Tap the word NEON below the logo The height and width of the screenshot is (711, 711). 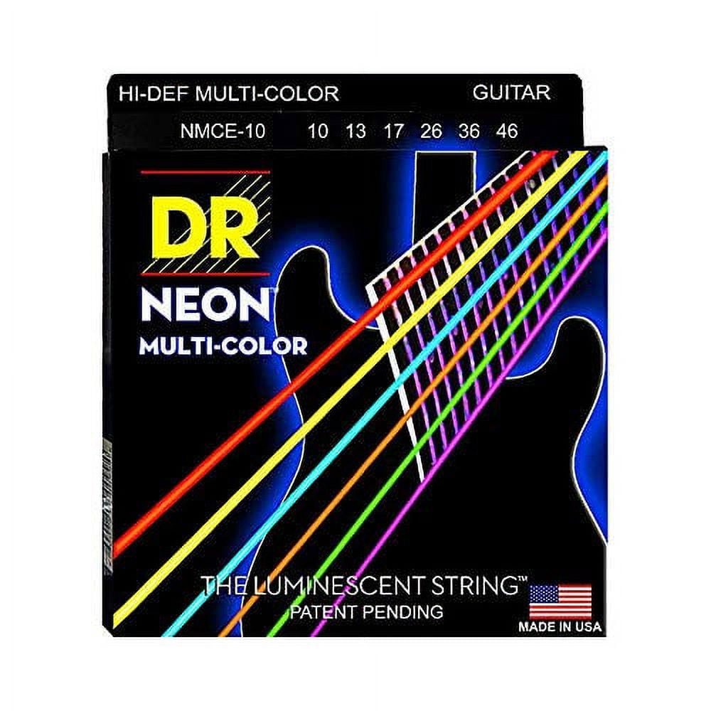coord(205,306)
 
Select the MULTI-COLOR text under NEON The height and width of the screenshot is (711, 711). coord(223,346)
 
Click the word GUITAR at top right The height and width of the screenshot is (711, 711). coord(511,92)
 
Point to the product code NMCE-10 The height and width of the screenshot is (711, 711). coord(223,132)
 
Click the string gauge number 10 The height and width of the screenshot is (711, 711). coord(317,132)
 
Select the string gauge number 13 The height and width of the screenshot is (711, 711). coord(355,132)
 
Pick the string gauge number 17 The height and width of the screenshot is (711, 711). coord(393,132)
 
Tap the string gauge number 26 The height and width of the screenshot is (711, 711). coord(431,132)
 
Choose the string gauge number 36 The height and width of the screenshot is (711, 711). coord(469,132)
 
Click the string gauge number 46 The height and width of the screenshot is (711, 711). coord(507,132)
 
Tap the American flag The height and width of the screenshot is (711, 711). coord(560,602)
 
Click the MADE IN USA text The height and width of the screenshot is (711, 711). coord(560,626)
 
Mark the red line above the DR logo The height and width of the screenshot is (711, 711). coord(205,172)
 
